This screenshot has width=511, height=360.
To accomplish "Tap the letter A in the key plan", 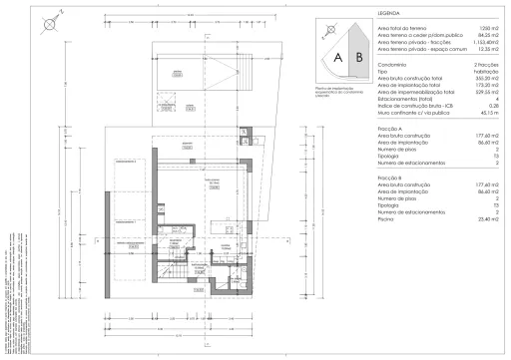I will [x=338, y=58].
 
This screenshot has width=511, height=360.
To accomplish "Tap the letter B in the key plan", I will [x=358, y=58].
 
